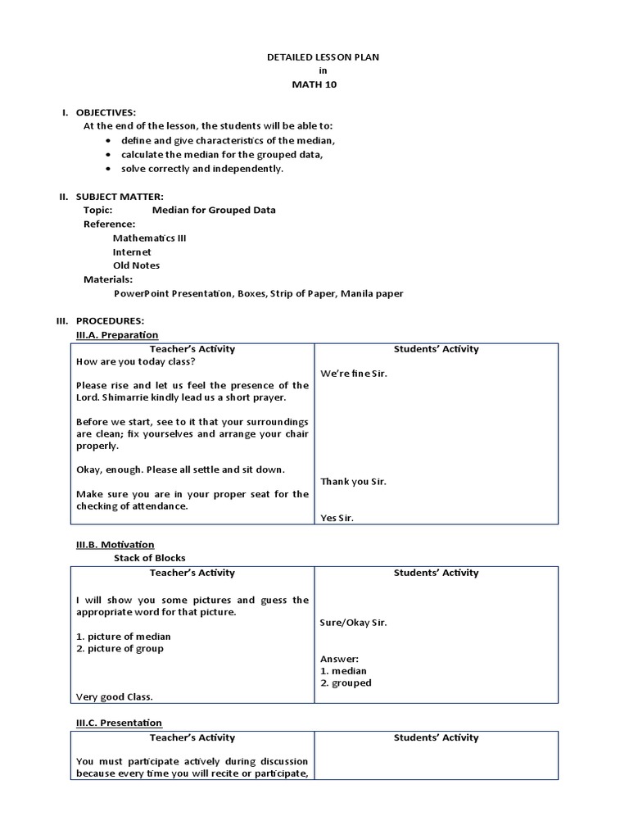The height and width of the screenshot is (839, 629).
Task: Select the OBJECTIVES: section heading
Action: tap(106, 112)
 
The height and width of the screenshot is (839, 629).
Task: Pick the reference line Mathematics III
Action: tap(149, 238)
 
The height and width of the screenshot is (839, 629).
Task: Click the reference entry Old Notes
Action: tap(136, 265)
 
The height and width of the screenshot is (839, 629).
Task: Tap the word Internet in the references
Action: tap(132, 252)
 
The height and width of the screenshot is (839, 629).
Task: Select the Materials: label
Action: tap(108, 279)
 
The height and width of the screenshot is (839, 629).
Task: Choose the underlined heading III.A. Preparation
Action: tap(117, 335)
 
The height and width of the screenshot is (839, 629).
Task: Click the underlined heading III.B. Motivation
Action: tap(115, 544)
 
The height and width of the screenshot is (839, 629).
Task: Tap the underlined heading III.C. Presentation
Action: tap(119, 723)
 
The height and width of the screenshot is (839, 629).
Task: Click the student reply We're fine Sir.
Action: tap(354, 374)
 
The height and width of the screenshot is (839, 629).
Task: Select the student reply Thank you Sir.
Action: tap(353, 482)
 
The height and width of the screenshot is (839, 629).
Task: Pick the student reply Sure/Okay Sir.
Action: tap(354, 622)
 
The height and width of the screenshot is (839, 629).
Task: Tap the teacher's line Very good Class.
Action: tap(115, 696)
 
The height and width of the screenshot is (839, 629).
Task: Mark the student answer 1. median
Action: tap(343, 671)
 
